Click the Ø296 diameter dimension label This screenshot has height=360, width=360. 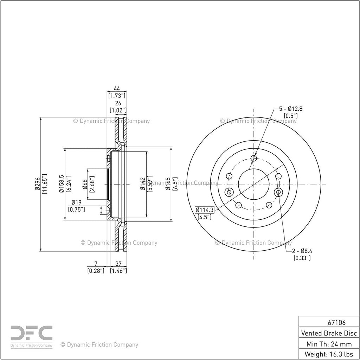(38, 184)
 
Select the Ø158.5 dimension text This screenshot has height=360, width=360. (62, 184)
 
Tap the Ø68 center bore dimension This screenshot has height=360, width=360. (85, 184)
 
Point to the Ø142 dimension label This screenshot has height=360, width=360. (143, 184)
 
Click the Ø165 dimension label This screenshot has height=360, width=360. (168, 184)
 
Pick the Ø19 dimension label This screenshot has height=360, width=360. (76, 202)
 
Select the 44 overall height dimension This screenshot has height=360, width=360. (117, 89)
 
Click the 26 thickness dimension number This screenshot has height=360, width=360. (118, 103)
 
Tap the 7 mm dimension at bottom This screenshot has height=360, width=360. (96, 264)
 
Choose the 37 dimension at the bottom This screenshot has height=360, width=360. (118, 264)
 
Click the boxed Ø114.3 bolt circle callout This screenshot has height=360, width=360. (204, 210)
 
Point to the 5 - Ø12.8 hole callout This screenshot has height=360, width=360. (291, 109)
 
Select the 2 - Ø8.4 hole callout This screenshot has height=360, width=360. (302, 251)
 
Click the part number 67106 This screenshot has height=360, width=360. (336, 323)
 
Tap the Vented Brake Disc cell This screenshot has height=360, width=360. (329, 333)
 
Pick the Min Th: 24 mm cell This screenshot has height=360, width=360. (329, 344)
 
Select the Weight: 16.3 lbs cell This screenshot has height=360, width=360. (329, 354)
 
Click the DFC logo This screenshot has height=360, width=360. (31, 336)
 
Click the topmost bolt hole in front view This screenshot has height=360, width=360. (254, 158)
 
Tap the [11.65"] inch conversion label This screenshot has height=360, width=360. (45, 184)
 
